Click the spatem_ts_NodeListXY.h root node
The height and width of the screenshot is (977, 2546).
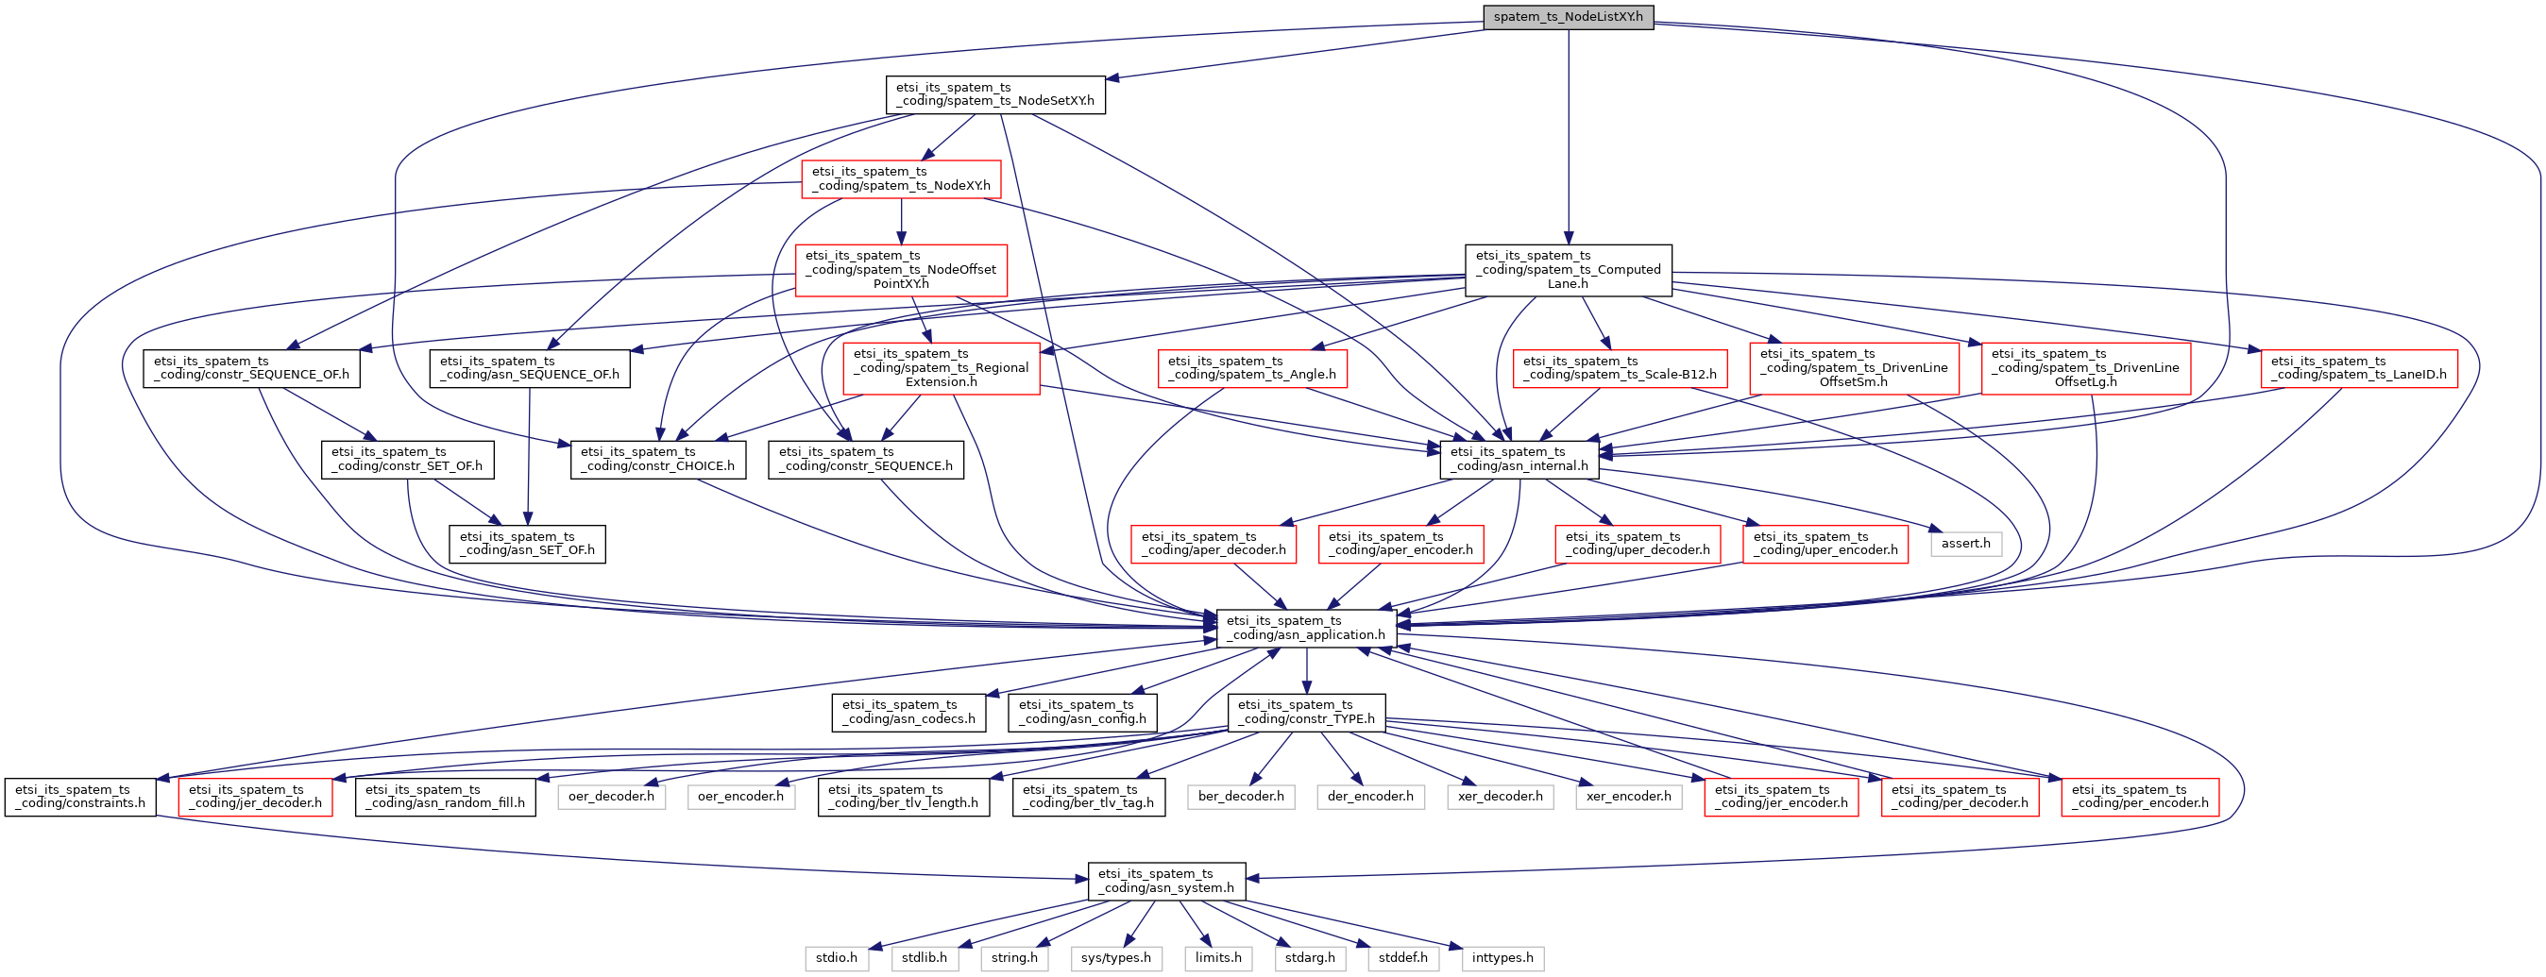[1568, 17]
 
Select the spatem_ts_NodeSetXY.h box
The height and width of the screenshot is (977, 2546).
[994, 94]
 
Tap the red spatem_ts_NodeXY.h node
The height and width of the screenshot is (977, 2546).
[900, 178]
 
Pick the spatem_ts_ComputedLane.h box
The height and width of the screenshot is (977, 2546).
[1568, 270]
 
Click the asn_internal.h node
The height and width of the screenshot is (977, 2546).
[1519, 460]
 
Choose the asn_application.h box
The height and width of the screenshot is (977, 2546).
[1306, 629]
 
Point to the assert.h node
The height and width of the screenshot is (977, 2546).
[1965, 544]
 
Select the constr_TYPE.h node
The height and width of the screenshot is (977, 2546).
[1306, 713]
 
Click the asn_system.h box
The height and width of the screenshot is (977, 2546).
[1166, 881]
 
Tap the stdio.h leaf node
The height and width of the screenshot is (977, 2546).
[836, 958]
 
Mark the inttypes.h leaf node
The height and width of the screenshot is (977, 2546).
[1502, 958]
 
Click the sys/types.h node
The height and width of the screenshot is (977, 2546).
[1116, 958]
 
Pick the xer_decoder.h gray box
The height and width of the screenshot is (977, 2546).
[1500, 796]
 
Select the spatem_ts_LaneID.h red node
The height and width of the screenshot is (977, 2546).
[2358, 368]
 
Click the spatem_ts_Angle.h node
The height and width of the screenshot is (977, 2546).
[1251, 368]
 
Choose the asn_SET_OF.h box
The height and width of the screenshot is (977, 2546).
[527, 545]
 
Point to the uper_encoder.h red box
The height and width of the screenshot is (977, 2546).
[1825, 545]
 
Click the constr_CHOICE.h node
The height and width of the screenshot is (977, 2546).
[657, 460]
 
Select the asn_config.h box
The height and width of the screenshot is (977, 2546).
[1081, 713]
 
